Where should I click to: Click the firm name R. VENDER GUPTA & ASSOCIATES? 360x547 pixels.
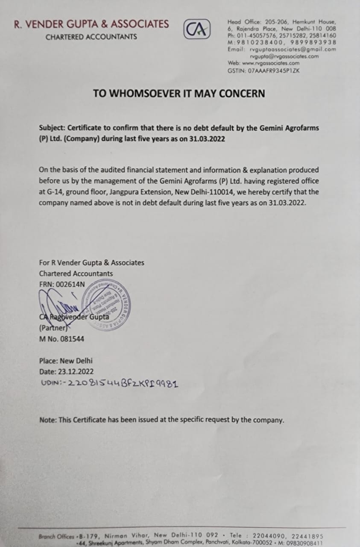click(x=91, y=24)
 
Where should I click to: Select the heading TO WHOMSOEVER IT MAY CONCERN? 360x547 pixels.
click(x=179, y=93)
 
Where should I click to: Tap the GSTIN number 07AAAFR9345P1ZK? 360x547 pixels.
click(x=273, y=71)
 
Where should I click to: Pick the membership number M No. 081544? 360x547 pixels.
click(x=61, y=339)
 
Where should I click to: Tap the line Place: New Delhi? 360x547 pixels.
click(x=66, y=361)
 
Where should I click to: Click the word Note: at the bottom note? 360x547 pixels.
click(x=47, y=420)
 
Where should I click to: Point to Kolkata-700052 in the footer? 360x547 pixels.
click(x=252, y=543)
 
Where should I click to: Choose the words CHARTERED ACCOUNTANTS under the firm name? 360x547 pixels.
click(x=91, y=37)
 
